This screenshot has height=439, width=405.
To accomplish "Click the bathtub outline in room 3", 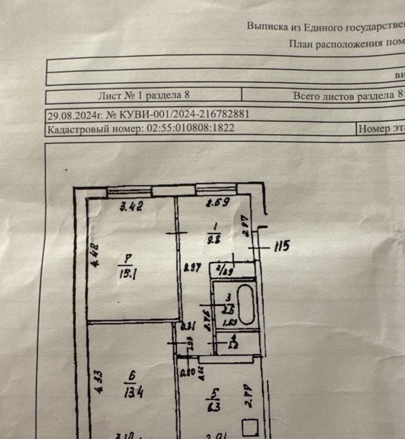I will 246,305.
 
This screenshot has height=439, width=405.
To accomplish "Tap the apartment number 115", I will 281,247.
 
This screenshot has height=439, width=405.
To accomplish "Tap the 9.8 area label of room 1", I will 214,237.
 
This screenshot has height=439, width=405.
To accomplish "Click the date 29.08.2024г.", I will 73,115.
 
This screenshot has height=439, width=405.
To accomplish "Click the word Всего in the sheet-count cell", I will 307,96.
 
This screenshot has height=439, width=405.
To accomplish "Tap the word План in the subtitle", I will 301,43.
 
